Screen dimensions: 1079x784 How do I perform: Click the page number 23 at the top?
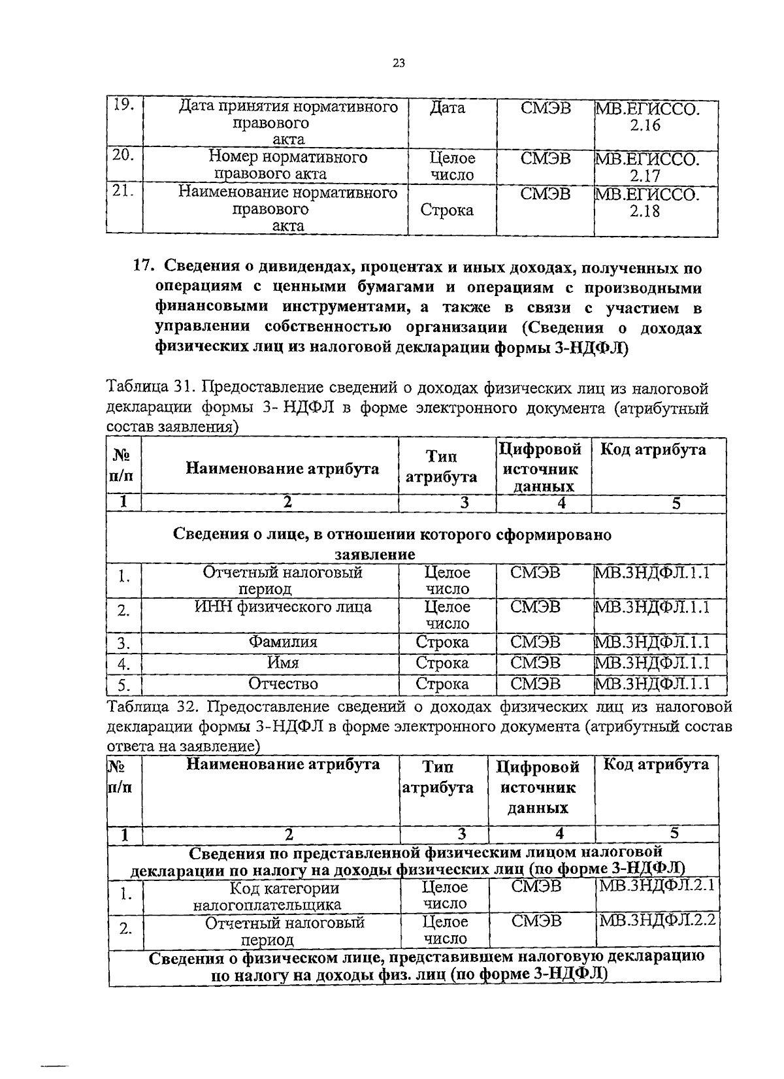(x=399, y=63)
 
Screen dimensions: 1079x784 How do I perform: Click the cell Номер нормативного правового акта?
(x=288, y=165)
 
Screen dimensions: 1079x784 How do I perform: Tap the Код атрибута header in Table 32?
(x=655, y=765)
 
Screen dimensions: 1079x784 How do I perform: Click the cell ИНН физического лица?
(x=283, y=607)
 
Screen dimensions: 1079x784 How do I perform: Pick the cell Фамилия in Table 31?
(x=283, y=642)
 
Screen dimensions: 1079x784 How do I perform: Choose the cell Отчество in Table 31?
(x=283, y=684)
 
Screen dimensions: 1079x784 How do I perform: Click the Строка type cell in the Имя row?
(x=442, y=663)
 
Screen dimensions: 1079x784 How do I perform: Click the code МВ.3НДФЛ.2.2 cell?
(x=657, y=921)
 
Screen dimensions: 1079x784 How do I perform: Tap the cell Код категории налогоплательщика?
(x=284, y=897)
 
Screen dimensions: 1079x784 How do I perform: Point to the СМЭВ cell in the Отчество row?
(x=535, y=684)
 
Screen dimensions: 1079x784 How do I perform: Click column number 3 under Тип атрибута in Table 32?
(x=461, y=834)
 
